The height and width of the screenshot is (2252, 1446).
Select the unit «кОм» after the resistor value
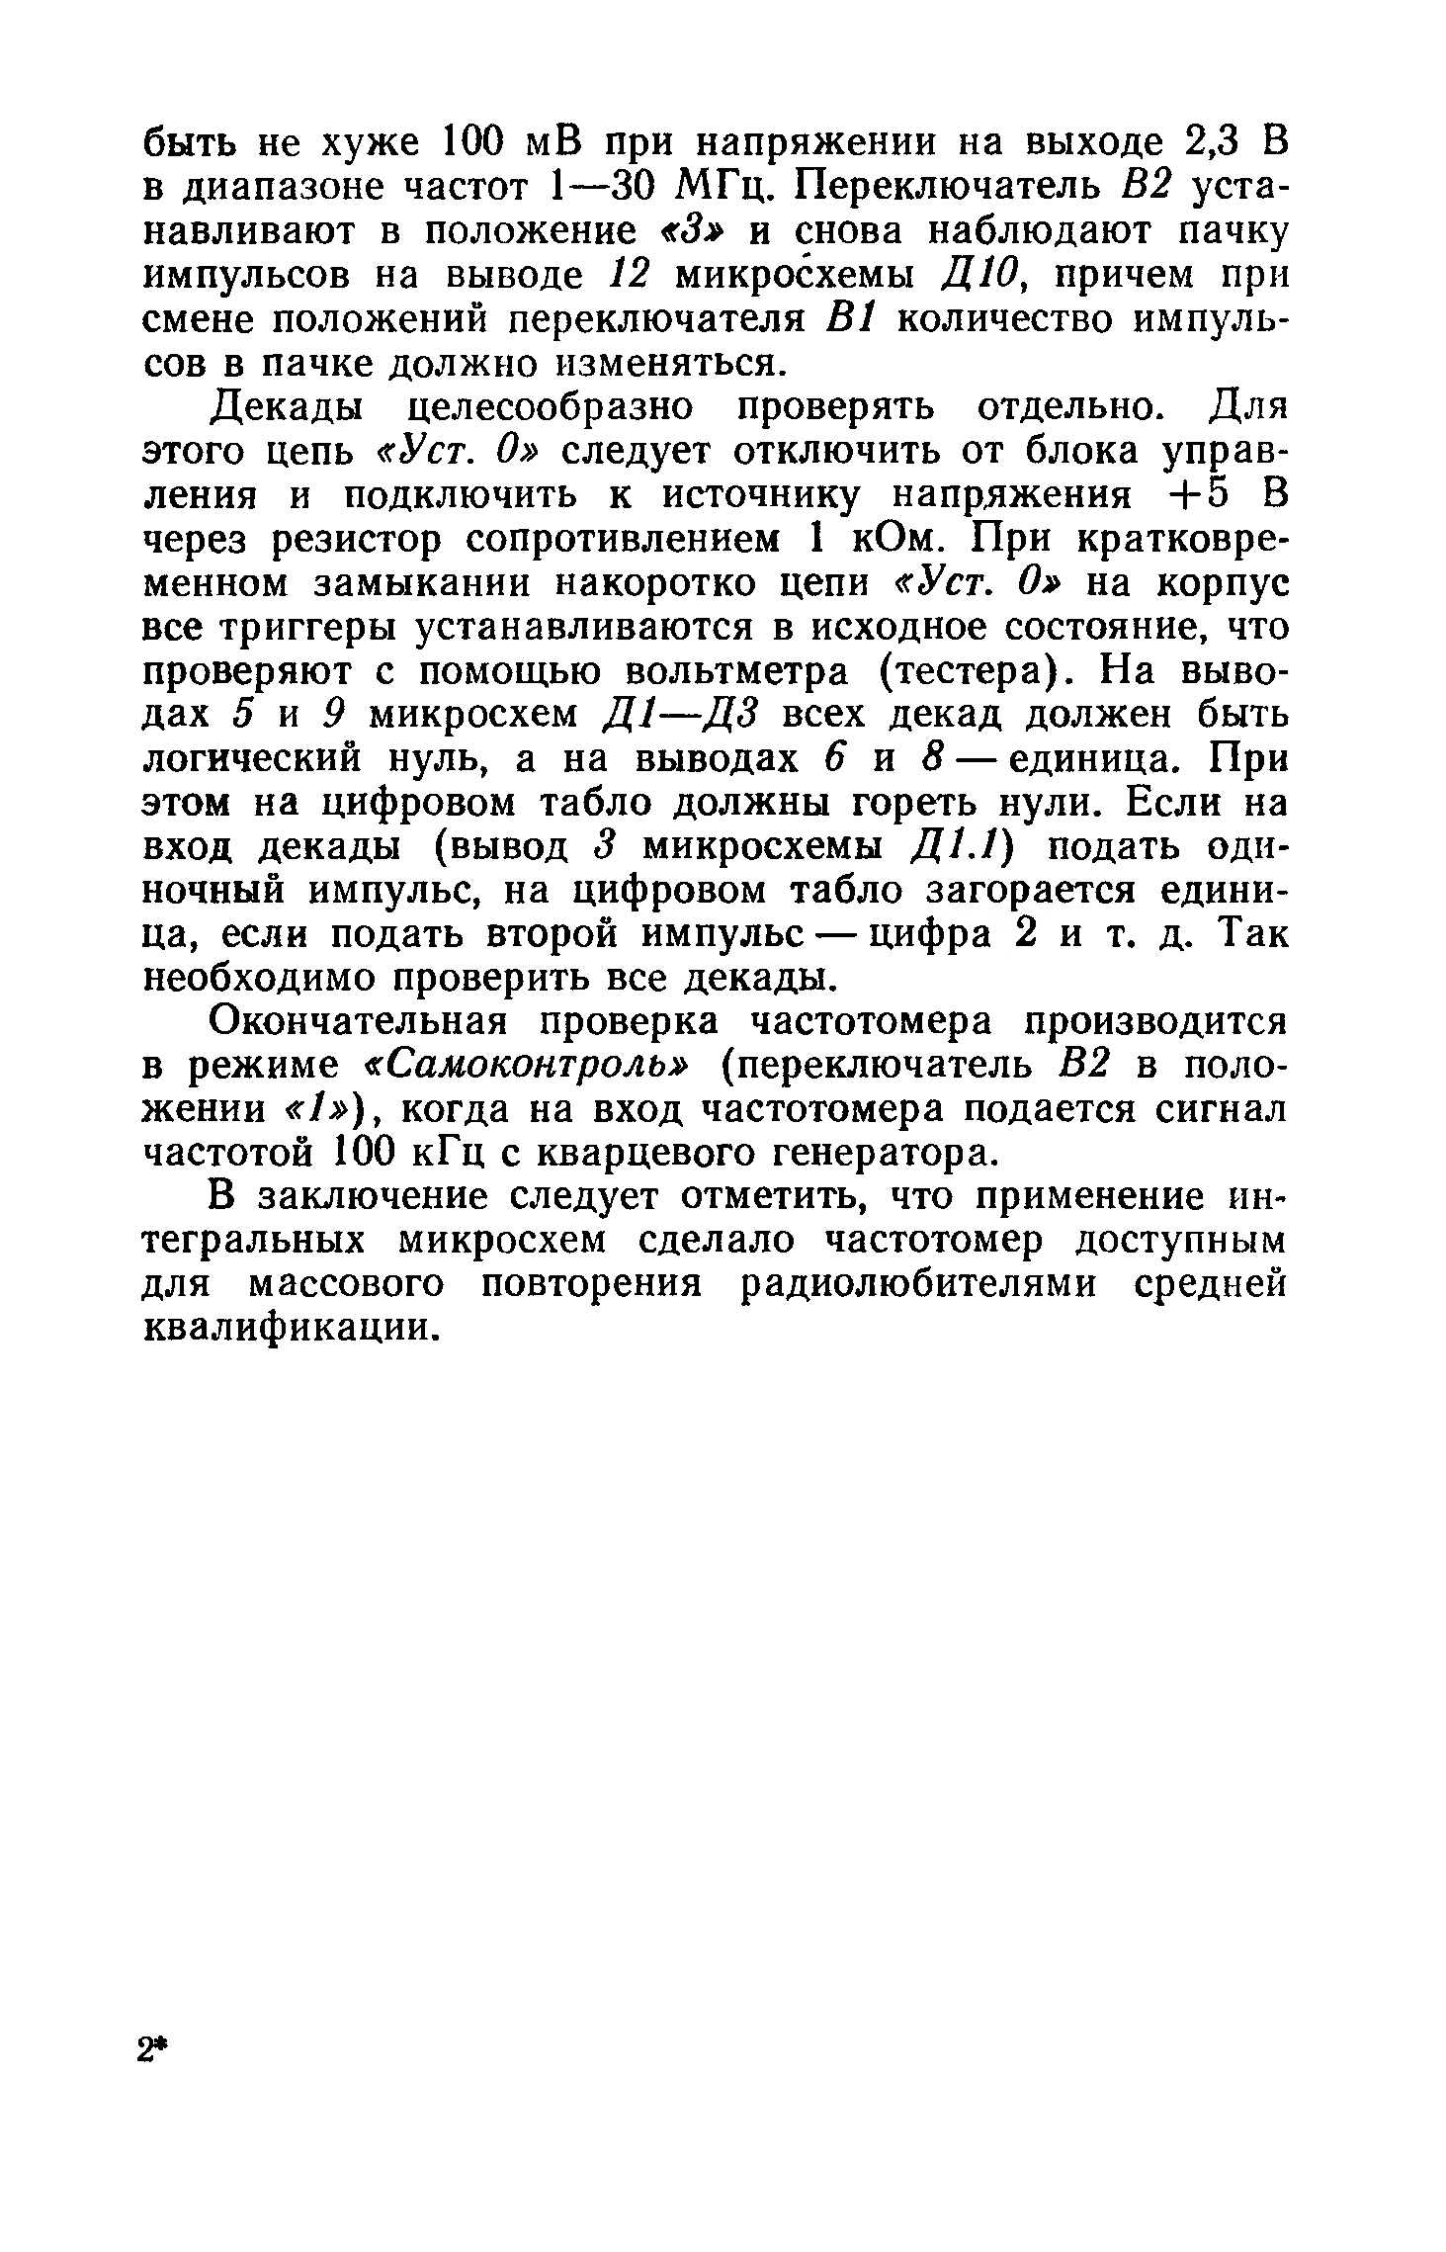[892, 540]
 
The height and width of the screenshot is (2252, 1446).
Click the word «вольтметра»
[737, 672]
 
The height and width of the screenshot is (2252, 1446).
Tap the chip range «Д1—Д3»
[684, 716]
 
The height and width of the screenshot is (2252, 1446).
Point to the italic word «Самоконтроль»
[530, 1067]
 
